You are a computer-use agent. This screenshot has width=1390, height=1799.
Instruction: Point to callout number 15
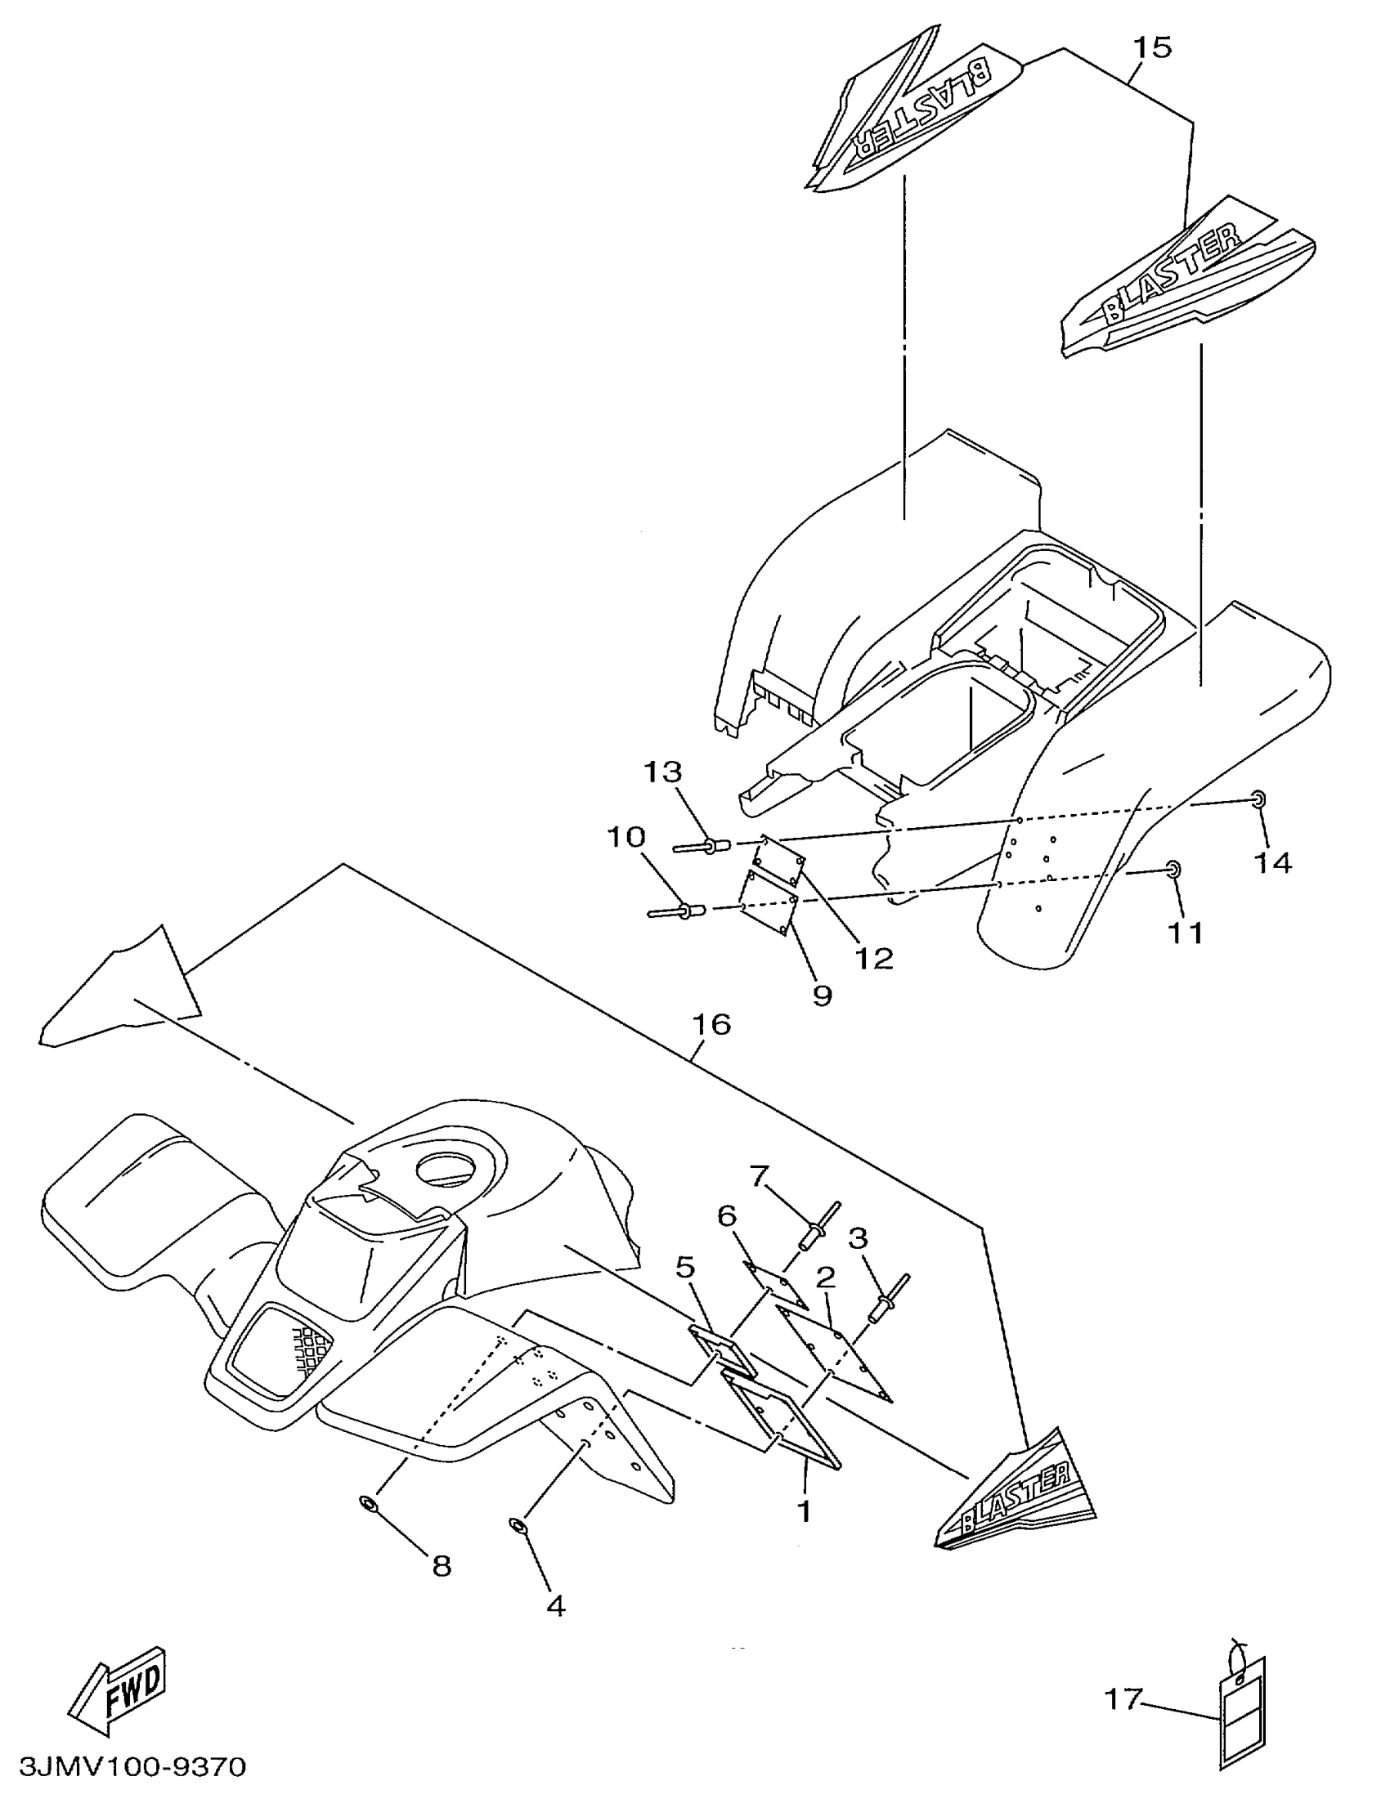click(x=1152, y=47)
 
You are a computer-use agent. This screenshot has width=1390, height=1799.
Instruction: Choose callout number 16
click(x=711, y=1024)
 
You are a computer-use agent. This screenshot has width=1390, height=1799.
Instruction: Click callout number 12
click(x=873, y=957)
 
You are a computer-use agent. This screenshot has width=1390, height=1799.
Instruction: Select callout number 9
click(x=822, y=995)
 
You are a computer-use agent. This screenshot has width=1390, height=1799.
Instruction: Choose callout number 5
click(x=686, y=1266)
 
